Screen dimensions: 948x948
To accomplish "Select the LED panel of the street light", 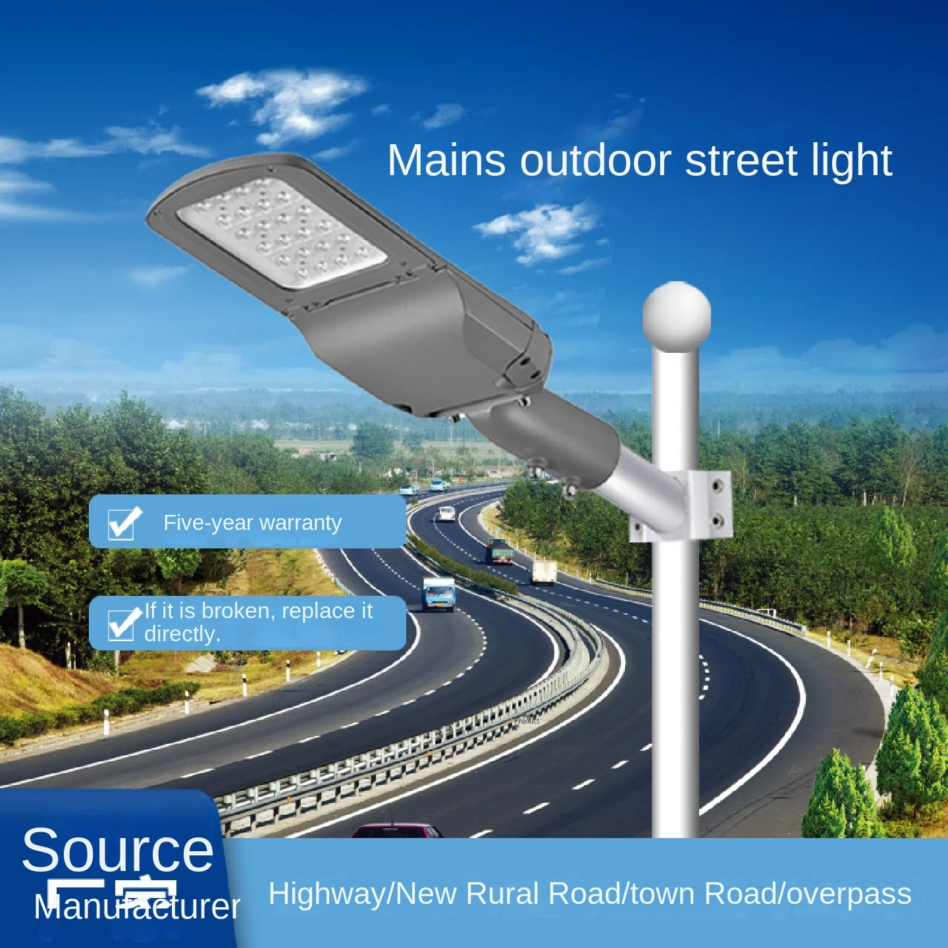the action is click(282, 233).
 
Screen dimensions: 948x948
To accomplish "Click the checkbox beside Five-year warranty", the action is click(122, 524).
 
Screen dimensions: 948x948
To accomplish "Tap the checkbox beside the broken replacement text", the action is click(122, 623).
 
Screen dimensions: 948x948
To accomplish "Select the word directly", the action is click(182, 634).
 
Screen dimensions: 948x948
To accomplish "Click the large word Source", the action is click(118, 850).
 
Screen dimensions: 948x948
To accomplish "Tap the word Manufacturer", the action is click(137, 907).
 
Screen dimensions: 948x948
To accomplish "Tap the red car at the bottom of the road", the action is click(396, 830).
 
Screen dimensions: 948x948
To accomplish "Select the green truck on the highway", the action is click(500, 552).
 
